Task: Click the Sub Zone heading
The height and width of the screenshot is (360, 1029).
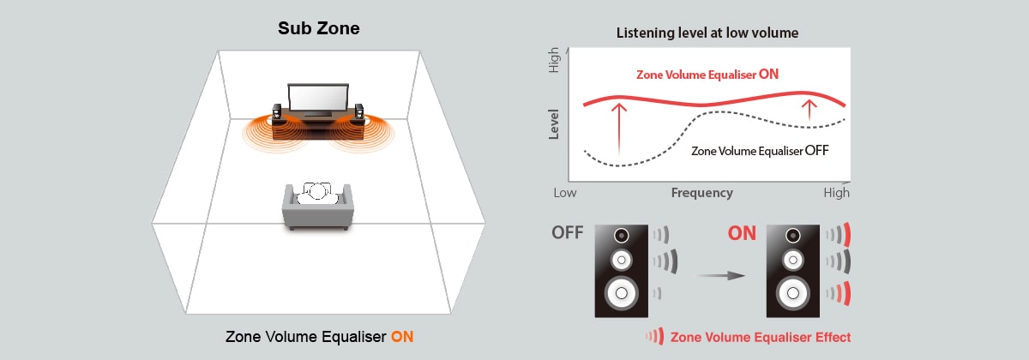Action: tap(318, 28)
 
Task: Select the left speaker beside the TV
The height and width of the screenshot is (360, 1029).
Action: tap(277, 113)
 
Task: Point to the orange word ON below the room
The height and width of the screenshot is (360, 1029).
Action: tap(402, 336)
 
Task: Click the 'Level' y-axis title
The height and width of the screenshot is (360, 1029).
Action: tap(554, 124)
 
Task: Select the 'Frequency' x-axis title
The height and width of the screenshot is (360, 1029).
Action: tap(701, 193)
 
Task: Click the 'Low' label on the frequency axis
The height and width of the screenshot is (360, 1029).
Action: tap(565, 193)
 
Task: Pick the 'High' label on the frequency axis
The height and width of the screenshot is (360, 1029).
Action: tap(836, 193)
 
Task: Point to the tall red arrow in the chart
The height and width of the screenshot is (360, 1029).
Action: tap(617, 133)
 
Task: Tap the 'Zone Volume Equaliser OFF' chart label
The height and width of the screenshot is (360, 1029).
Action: tap(760, 150)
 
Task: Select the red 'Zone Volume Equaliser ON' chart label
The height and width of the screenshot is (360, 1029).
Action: tap(707, 75)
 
